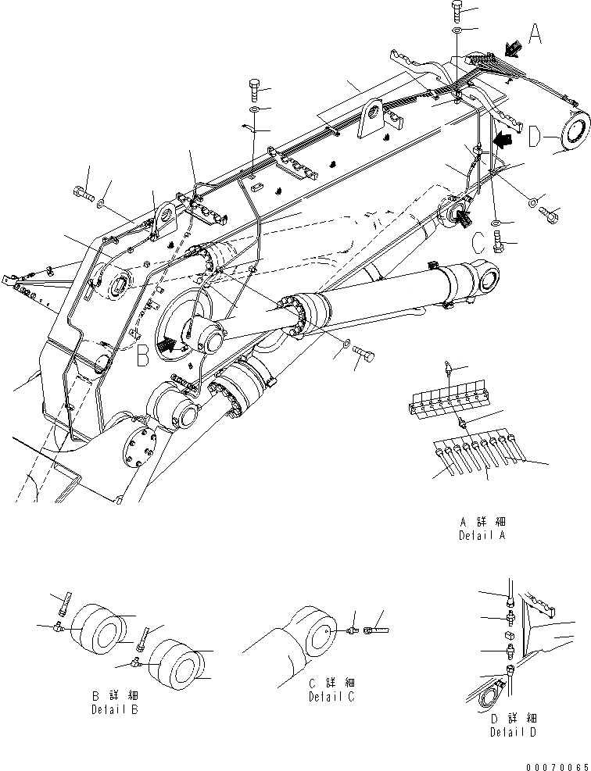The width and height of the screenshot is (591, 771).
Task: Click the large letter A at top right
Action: point(535,35)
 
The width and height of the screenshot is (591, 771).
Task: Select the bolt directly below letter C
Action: point(500,246)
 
